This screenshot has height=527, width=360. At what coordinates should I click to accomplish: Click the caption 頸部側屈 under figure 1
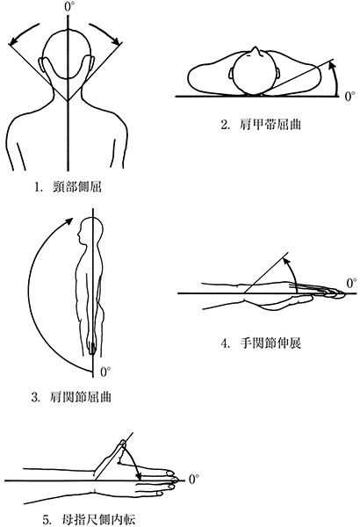77,186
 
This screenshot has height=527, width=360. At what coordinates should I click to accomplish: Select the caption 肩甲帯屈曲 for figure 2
270,125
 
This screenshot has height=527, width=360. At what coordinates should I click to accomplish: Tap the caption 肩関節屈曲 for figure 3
80,397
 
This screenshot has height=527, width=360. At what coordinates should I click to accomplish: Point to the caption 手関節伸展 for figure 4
270,343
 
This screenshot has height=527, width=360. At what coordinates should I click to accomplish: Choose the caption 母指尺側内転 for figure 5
99,520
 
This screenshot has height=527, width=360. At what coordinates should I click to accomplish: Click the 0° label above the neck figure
69,7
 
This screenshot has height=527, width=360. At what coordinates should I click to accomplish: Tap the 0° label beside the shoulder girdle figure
350,97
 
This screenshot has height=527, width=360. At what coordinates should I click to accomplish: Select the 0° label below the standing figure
105,372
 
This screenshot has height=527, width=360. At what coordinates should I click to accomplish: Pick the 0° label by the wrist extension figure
351,283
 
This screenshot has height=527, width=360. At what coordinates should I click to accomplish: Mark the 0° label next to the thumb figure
194,480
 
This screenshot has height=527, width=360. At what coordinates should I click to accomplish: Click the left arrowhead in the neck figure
13,41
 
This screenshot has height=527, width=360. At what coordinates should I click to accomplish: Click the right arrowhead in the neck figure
116,41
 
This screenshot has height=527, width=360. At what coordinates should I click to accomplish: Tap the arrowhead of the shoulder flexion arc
68,221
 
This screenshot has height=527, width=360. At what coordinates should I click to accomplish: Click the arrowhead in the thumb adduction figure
138,475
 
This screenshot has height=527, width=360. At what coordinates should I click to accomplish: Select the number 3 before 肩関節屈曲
34,398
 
